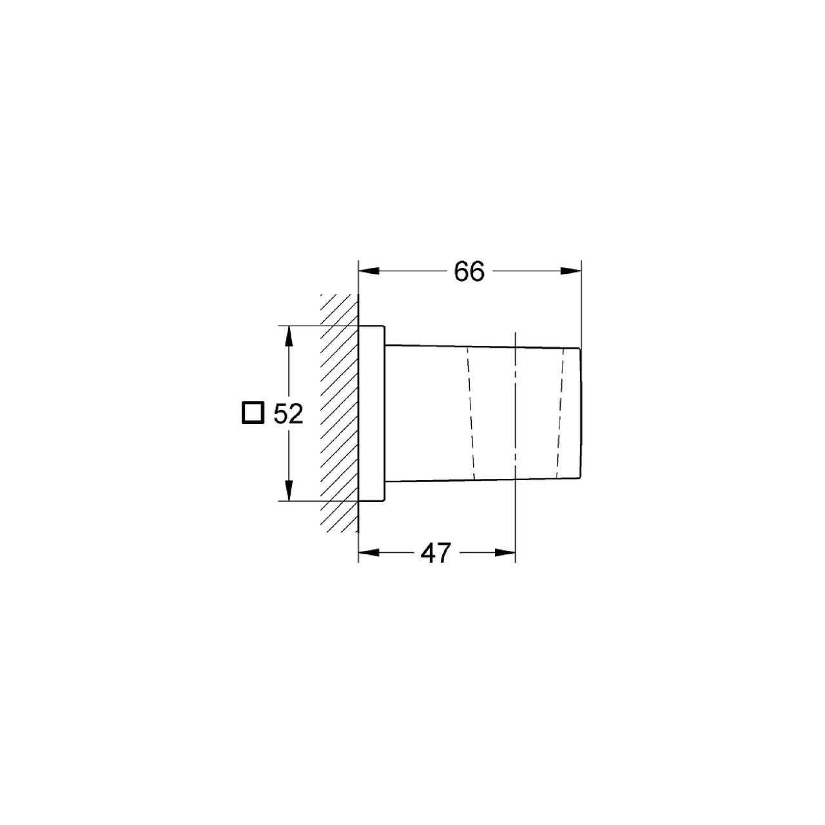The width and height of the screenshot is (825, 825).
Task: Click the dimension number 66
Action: pos(469,271)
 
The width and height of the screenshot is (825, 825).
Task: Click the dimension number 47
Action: pos(436,553)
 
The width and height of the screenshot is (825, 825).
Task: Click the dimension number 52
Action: pos(288,414)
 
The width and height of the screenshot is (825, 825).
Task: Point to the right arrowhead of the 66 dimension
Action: pos(570,271)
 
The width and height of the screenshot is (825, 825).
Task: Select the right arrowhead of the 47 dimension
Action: pos(505,553)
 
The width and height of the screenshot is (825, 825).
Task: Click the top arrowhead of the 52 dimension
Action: pos(289,337)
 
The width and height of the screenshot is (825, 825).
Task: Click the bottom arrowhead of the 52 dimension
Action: pos(289,490)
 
